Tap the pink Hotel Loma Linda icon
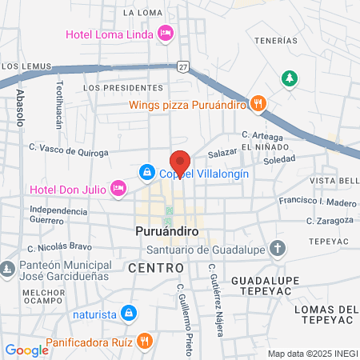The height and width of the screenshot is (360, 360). click(166, 34)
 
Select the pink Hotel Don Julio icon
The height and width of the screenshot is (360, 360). click(118, 188)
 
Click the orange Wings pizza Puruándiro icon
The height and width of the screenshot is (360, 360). click(258, 102)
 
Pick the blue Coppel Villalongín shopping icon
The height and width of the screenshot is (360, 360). click(147, 172)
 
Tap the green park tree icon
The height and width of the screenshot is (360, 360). click(290, 78)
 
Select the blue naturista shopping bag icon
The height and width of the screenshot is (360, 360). click(128, 313)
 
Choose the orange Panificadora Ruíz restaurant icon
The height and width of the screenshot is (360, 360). click(143, 339)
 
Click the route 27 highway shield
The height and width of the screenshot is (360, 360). click(183, 66)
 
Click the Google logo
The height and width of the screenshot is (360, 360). click(26, 350)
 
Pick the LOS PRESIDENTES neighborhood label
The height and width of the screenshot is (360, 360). click(117, 87)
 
